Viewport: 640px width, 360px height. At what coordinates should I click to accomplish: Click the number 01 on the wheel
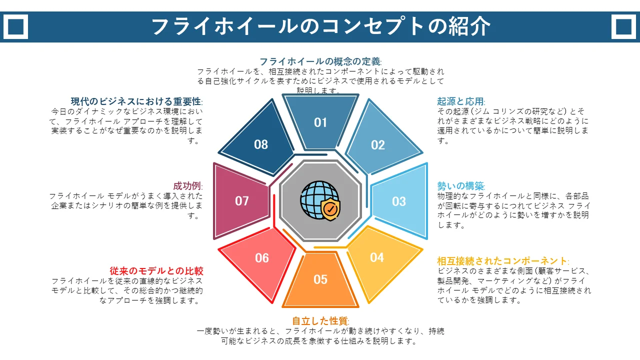point(320,122)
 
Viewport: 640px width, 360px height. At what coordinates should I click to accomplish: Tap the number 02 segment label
point(377,145)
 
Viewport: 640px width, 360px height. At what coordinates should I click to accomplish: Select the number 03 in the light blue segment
point(399,201)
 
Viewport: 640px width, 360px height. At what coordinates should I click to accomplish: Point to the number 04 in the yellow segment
point(377,257)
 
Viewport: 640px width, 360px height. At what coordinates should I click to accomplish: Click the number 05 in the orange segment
point(320,279)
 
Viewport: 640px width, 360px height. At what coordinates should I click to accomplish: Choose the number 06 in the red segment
point(261,258)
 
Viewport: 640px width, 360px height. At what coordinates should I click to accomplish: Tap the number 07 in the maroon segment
point(241,201)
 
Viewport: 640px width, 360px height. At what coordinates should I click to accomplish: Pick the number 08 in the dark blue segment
point(261,144)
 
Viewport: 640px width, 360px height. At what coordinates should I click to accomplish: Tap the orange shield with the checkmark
point(330,209)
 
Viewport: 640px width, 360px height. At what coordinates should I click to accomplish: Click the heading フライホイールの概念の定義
point(320,61)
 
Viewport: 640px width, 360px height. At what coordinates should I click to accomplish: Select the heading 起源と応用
point(460,101)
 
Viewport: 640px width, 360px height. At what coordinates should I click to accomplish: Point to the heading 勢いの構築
point(460,186)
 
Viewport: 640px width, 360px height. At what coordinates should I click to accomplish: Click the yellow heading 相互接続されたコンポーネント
point(502,261)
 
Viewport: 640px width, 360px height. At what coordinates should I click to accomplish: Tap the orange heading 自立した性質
point(319,321)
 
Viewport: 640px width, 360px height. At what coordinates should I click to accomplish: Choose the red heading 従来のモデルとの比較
point(156,271)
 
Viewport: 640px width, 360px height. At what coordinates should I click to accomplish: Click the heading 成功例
point(187,186)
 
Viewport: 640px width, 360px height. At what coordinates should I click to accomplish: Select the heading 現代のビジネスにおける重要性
point(136,101)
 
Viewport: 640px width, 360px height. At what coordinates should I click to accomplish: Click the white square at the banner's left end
point(15,27)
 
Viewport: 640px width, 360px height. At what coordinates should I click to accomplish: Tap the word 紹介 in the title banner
point(469,26)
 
